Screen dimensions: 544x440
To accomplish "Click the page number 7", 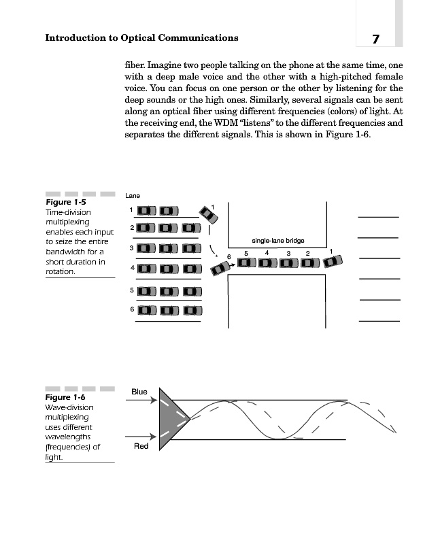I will [375, 39].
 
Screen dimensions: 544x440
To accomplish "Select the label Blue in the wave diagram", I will [139, 392].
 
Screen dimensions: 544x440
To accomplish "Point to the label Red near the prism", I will [141, 447].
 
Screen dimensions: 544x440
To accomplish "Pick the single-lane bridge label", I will [277, 241].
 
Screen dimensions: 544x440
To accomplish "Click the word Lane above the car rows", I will [133, 196].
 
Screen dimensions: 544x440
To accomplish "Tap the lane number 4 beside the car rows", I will [131, 268].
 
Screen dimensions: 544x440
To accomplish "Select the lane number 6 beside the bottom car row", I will [131, 310].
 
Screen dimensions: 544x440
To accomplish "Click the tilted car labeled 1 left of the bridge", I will [209, 215].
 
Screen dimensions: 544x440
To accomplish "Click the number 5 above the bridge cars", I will [246, 253].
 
